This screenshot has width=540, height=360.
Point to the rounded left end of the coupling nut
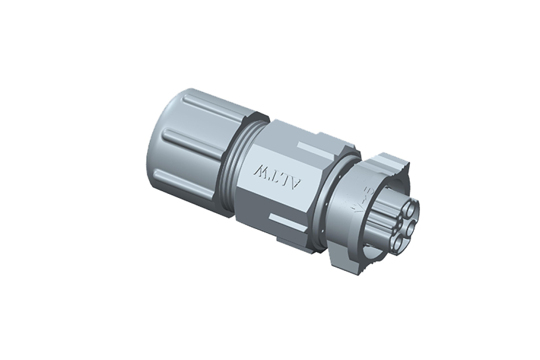155,152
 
